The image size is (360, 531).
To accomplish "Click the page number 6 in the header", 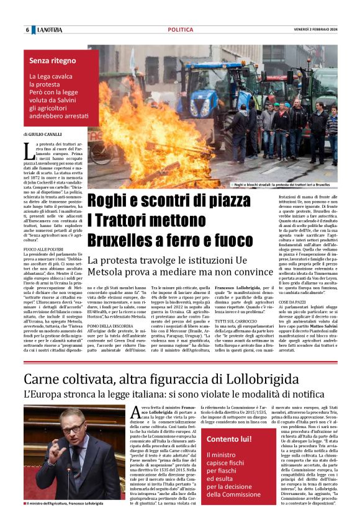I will [x=27, y=30].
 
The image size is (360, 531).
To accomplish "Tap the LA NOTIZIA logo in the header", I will [x=49, y=30].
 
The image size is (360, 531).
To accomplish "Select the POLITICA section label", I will [x=180, y=30].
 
